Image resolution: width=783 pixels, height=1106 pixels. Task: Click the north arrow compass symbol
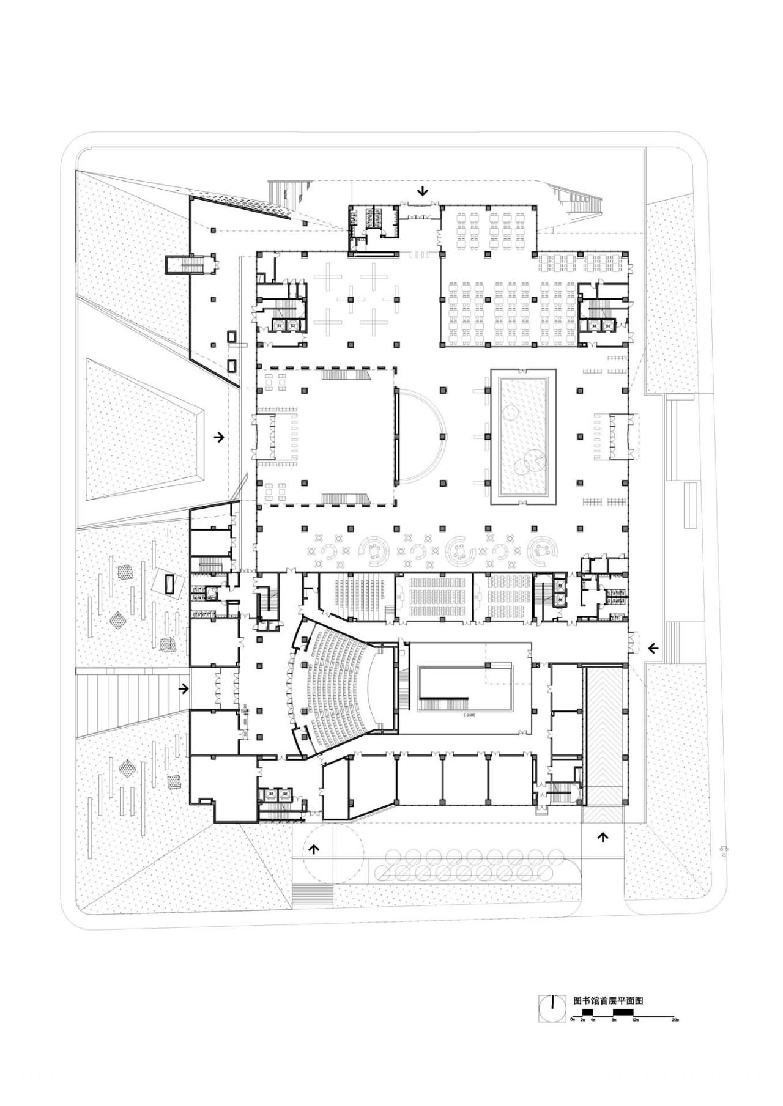[x=552, y=1008]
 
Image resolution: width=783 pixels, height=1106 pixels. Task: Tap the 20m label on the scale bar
[x=675, y=1020]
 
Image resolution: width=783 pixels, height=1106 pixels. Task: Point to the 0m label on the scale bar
[x=573, y=1020]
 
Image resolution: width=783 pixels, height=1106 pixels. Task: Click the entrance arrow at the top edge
[x=423, y=192]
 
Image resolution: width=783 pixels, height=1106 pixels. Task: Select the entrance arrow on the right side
[x=653, y=648]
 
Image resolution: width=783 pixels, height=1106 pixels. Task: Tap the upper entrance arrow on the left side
[x=219, y=437]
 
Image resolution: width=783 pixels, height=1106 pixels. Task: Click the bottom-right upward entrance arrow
[x=603, y=837]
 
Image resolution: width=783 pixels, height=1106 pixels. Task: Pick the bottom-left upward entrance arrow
[x=315, y=848]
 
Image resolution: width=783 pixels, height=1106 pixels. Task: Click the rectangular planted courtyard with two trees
[x=523, y=436]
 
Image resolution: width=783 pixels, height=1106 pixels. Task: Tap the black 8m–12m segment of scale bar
[x=623, y=1013]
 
